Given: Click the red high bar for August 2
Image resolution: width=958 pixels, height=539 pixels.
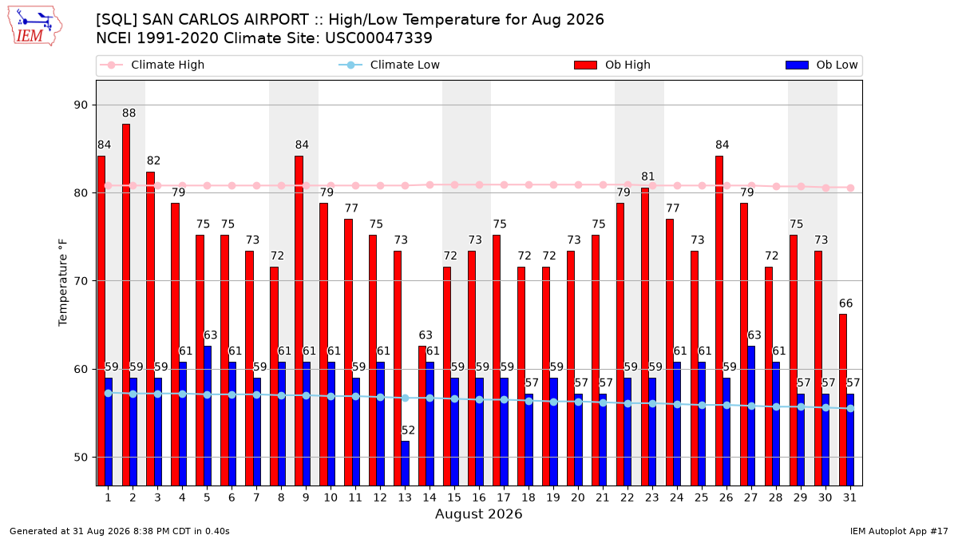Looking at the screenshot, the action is click(126, 305).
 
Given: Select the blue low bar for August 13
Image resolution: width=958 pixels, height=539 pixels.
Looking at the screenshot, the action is click(405, 464).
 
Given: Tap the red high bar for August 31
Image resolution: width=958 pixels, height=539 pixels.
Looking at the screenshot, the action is click(843, 400).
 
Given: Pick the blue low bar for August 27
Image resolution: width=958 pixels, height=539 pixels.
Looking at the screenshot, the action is click(751, 416).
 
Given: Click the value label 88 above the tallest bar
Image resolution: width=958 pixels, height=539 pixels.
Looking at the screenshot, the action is click(129, 113).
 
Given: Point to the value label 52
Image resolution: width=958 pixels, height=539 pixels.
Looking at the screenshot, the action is click(408, 430).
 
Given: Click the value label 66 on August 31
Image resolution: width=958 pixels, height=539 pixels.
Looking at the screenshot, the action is click(846, 303).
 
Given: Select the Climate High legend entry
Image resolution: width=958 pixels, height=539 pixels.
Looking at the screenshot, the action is click(152, 65).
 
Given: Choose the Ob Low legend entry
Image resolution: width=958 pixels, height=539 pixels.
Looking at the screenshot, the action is click(821, 65).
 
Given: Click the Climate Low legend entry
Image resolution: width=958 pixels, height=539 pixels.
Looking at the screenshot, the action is click(389, 65).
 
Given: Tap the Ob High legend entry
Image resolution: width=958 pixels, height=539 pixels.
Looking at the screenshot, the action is click(612, 65).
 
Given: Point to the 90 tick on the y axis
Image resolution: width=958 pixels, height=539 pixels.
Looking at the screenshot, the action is click(81, 105).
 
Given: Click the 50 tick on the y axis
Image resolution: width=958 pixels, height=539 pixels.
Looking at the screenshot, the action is click(81, 458).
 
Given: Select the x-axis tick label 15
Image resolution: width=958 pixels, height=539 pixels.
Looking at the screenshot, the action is click(454, 497).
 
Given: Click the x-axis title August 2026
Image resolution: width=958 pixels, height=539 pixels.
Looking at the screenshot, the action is click(478, 513).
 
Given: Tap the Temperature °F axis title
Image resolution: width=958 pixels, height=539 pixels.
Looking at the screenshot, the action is click(63, 283).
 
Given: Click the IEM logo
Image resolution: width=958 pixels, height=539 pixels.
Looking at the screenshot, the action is click(34, 26).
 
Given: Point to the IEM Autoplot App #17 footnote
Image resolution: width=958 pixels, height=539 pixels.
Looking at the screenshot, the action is click(899, 531).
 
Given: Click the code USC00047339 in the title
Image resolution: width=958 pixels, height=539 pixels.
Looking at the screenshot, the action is click(378, 38).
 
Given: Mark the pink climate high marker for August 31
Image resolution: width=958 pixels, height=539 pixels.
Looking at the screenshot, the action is click(851, 188).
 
